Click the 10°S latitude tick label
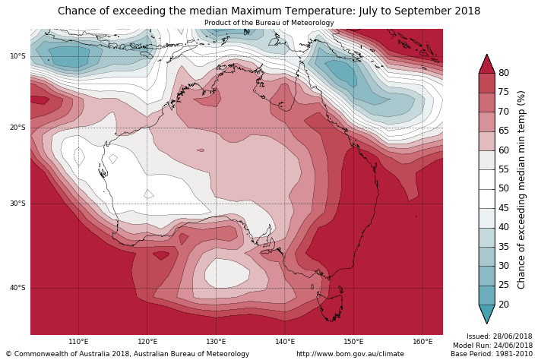point(17,55)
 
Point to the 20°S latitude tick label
point(17,128)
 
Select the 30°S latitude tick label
point(17,204)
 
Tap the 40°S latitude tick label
point(17,288)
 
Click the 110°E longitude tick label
point(78,342)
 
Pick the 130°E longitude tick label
point(216,342)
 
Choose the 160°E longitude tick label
point(422,342)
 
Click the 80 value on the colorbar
point(504,73)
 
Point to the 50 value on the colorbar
point(504,189)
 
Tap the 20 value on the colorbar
point(504,305)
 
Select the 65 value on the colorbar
point(504,131)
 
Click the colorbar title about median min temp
point(521,189)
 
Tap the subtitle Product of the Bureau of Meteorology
point(269,23)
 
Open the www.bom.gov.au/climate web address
point(350,354)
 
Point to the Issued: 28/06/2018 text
point(499,336)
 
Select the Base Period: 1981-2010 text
point(492,354)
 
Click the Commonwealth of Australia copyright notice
point(128,354)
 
